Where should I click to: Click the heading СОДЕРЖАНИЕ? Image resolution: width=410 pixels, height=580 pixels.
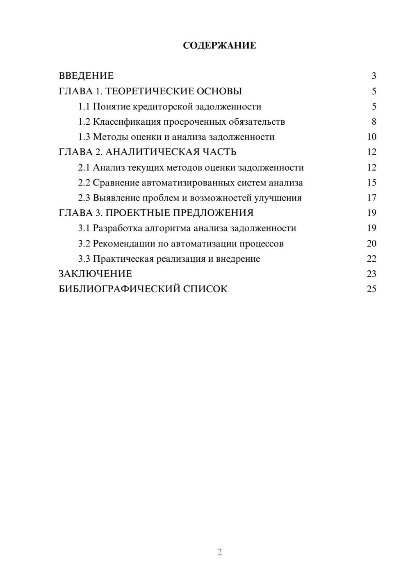pyautogui.click(x=219, y=46)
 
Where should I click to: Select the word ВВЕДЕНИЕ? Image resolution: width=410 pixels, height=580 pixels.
pyautogui.click(x=86, y=76)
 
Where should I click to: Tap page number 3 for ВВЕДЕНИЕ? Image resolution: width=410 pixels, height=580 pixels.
pyautogui.click(x=374, y=76)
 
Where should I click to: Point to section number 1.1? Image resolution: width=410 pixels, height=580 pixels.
pyautogui.click(x=84, y=107)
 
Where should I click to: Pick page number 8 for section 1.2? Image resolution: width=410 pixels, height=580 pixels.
pyautogui.click(x=374, y=122)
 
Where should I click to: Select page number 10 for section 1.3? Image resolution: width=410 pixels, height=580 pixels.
pyautogui.click(x=371, y=137)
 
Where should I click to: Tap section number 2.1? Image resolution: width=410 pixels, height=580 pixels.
pyautogui.click(x=84, y=167)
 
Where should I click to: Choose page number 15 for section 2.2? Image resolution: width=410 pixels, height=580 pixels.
pyautogui.click(x=371, y=183)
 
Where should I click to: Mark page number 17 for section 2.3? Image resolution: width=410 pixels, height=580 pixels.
pyautogui.click(x=371, y=198)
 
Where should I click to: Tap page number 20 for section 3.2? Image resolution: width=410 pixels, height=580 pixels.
pyautogui.click(x=371, y=243)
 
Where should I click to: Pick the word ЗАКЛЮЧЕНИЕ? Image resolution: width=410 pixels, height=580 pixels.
pyautogui.click(x=95, y=274)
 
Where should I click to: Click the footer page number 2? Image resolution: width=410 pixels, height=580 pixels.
pyautogui.click(x=219, y=552)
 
